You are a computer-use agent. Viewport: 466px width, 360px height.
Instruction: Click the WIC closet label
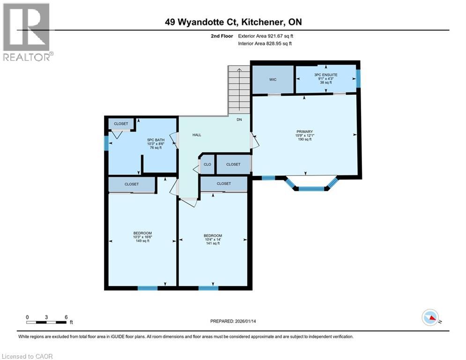point(273,79)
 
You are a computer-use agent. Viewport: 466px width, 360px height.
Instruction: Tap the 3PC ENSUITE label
point(325,75)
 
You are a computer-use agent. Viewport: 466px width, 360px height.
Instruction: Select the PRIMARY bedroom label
point(304,132)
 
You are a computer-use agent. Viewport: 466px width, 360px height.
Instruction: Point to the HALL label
point(197,135)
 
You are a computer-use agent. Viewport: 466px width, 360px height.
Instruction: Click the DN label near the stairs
point(239,120)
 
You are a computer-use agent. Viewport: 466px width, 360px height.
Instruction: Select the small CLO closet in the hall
point(207,165)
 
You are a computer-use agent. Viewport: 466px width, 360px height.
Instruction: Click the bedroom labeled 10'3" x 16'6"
point(142,233)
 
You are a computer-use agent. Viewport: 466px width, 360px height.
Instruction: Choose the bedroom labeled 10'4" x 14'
point(213,236)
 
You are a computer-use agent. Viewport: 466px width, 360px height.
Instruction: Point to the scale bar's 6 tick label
point(66,317)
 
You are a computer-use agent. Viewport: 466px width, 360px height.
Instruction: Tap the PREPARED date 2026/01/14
point(236,321)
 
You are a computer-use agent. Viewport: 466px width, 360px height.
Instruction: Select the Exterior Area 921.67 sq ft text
point(266,36)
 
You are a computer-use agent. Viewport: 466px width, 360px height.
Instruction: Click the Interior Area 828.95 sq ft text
point(265,44)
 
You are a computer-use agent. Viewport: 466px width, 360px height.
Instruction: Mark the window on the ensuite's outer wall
point(359,79)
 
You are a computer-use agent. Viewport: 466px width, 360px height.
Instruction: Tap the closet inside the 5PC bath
point(121,124)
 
